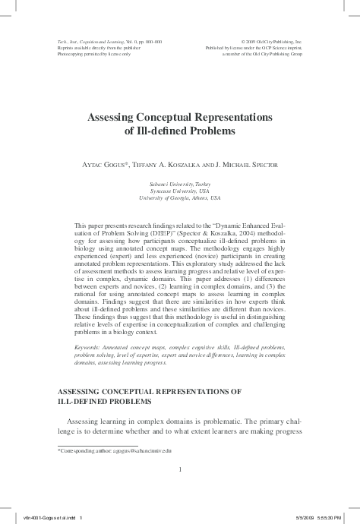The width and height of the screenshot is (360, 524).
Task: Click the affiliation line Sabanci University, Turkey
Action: [180, 185]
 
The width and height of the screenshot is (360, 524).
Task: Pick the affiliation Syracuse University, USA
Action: [180, 191]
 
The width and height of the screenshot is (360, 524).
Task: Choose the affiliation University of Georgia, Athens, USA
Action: [180, 198]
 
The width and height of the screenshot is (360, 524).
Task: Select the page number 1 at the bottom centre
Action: [180, 469]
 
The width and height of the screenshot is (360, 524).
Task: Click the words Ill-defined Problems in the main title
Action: [180, 131]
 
